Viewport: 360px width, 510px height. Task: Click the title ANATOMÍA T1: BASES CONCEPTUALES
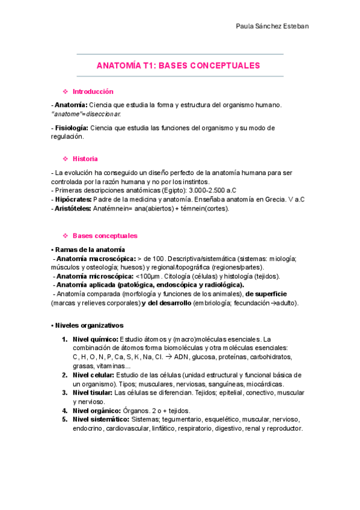coord(178,66)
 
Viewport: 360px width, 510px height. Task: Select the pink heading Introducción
coord(93,91)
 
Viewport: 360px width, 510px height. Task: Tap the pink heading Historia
coord(85,159)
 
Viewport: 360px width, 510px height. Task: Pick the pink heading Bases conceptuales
coord(105,236)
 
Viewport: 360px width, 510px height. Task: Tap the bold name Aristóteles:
coord(73,208)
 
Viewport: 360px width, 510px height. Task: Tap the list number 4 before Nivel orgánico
coord(64,410)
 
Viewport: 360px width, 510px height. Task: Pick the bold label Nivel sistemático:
coord(101,419)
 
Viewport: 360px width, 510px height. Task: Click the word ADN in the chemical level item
coord(182,357)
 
